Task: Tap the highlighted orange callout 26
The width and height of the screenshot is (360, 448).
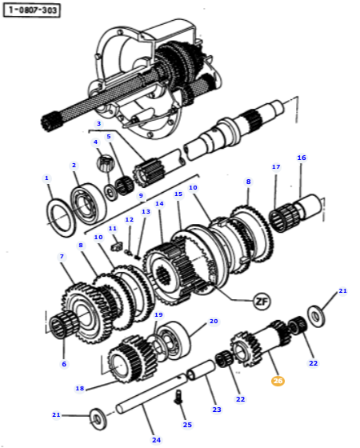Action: [x=278, y=381]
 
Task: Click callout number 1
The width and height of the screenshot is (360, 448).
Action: [x=46, y=178]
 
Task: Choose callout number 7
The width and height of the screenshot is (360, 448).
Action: [x=62, y=257]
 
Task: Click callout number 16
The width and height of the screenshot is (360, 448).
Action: [x=302, y=158]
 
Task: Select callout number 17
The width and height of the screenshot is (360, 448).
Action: [x=276, y=167]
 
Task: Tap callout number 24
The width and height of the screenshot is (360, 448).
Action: [x=156, y=440]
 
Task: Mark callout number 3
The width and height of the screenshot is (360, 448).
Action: [x=98, y=124]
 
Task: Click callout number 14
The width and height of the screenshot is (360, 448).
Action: [x=159, y=204]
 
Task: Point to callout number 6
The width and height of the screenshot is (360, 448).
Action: [x=65, y=364]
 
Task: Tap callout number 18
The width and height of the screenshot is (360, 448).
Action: [x=80, y=389]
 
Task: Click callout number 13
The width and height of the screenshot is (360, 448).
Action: [x=146, y=211]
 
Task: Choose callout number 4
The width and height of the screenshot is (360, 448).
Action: [x=96, y=142]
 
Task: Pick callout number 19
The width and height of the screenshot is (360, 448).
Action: [x=158, y=316]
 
